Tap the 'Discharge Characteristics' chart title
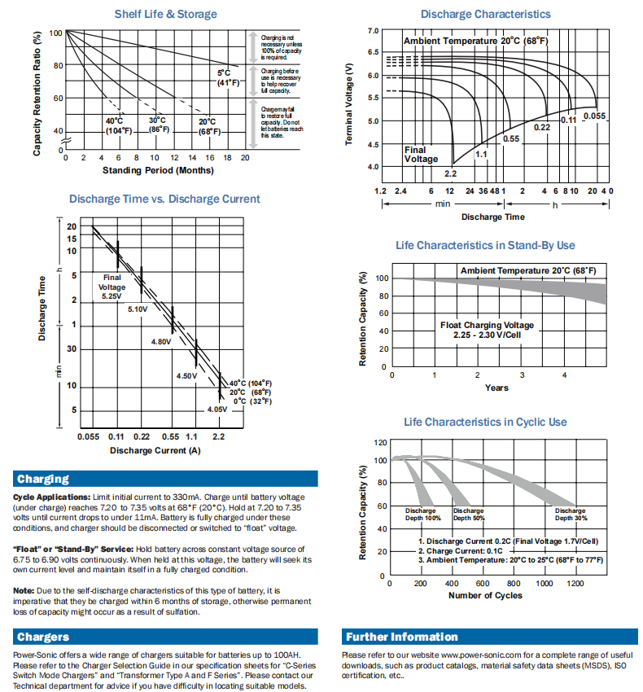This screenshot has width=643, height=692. coord(485,14)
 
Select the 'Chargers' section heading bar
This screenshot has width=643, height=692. coord(43,637)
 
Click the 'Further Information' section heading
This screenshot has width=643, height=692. coord(401,637)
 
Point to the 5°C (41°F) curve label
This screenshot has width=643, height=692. coord(224,78)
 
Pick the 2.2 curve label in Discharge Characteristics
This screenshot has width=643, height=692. coord(450,173)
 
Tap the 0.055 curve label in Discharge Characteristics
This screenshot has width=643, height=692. coord(594,116)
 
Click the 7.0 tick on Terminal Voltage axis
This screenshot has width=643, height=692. coord(373,30)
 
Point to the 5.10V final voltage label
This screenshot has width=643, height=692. coord(137,309)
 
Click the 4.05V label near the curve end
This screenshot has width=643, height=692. coord(217,410)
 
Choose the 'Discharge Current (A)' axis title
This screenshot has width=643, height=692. coord(155,450)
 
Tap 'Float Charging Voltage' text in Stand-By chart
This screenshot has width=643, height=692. coord(487,325)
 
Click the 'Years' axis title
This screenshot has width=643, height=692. coord(496,388)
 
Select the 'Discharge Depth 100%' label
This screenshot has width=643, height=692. coord(422,514)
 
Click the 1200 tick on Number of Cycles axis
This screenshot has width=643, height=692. coord(575,585)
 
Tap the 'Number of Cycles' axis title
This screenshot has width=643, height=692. coord(485,595)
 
